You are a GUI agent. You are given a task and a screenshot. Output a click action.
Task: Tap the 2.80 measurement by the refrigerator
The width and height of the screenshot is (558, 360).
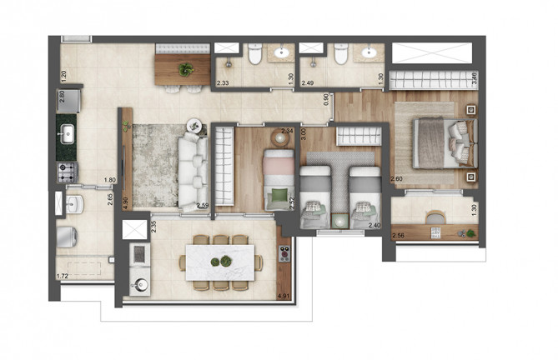click(x=61, y=95)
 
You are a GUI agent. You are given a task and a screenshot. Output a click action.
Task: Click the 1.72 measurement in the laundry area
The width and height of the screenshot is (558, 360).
click(x=62, y=274)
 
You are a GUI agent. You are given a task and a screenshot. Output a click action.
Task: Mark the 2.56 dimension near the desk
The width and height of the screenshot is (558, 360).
click(x=400, y=237)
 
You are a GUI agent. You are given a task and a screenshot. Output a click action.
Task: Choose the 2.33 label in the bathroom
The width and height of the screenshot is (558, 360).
click(x=223, y=83)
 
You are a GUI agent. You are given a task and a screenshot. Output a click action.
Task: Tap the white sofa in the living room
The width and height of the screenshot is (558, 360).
click(x=193, y=172)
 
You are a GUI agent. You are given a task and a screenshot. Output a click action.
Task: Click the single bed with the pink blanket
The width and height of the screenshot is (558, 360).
click(x=275, y=179)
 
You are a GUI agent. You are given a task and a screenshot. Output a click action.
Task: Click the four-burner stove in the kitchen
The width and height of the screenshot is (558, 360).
click(x=67, y=172)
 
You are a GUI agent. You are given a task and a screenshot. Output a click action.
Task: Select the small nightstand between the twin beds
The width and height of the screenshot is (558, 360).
click(x=339, y=218)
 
